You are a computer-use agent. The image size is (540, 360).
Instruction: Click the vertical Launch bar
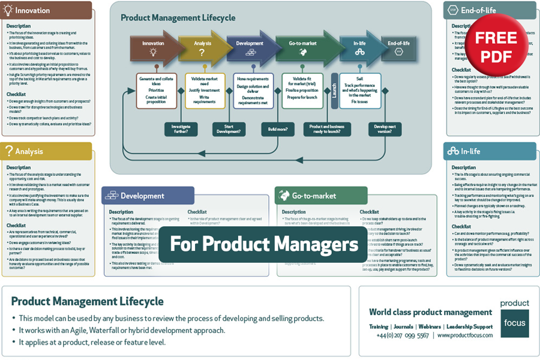point(335,91)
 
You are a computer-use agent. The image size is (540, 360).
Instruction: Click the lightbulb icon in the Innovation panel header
point(8,10)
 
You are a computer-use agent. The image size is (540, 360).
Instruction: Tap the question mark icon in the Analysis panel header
point(8,151)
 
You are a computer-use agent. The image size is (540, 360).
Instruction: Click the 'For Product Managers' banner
point(264,244)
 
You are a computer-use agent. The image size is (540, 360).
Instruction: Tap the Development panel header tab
point(148,196)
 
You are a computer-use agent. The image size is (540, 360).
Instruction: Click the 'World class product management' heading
point(431,312)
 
